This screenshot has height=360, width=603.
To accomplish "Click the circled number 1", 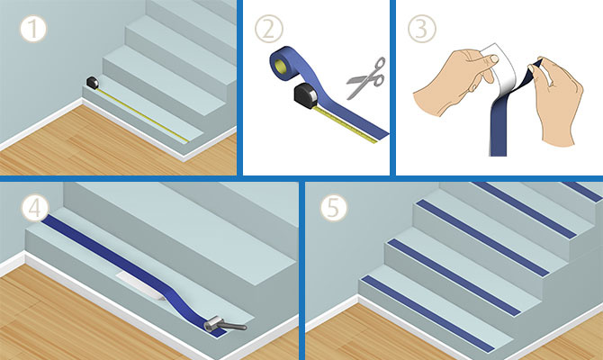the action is point(33,30).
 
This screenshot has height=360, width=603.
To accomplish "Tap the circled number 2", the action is point(269,29).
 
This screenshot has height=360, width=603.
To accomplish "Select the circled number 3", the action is point(422,29).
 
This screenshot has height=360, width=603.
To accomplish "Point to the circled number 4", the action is point(35,208).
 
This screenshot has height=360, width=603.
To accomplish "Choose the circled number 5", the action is point(333,208).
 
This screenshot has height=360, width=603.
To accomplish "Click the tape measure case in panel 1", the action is point(93,83).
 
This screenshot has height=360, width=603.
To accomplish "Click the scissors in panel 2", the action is point(366,78).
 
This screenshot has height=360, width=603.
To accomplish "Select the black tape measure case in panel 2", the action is point(306,95).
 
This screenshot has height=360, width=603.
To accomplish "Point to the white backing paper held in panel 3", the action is point(499,73).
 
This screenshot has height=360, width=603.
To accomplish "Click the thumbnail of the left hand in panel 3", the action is point(494,58).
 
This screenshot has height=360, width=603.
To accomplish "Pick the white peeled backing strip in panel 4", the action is point(141,285).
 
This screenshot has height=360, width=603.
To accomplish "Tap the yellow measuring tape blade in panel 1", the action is point(143,115).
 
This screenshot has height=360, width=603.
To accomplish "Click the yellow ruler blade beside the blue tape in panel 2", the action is point(346,124).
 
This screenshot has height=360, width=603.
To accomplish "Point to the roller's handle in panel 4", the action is point(233,327).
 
